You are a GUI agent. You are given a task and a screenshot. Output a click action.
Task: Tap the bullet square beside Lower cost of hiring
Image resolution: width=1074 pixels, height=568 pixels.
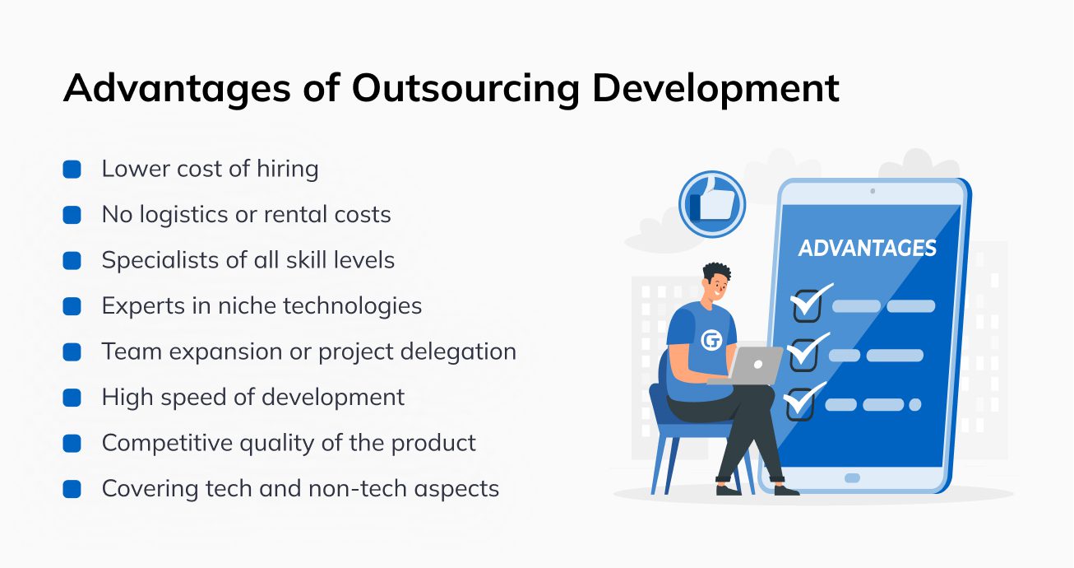click(72, 170)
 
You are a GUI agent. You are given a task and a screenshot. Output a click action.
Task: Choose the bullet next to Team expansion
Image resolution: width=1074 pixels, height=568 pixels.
click(72, 352)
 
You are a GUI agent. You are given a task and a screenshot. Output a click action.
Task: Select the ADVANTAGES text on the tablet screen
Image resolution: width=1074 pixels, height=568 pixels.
click(868, 248)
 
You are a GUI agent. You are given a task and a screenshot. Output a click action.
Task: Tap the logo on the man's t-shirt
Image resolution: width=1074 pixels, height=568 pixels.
click(711, 339)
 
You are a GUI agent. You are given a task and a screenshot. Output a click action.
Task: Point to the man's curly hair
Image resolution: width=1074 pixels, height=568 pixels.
click(717, 272)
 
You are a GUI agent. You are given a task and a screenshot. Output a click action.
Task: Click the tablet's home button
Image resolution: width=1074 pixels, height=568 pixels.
click(852, 477)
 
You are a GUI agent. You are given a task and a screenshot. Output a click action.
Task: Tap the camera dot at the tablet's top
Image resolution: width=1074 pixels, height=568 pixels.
click(873, 191)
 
